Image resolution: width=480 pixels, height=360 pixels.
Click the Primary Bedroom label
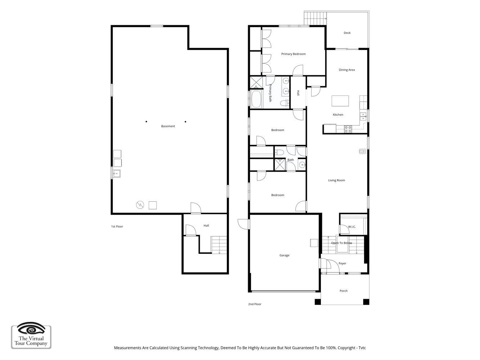point(293,54)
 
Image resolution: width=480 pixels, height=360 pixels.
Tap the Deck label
point(347,33)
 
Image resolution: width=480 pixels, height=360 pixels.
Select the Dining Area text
point(347,70)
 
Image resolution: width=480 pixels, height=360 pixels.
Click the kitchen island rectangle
point(340,101)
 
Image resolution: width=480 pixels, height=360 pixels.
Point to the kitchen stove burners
point(348,129)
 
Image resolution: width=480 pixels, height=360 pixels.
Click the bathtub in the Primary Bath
point(256,99)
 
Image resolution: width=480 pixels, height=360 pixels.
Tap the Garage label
point(284,255)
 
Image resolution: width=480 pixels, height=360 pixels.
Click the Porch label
point(344,291)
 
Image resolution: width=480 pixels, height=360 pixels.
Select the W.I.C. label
point(352,227)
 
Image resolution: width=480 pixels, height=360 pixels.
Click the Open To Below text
point(342,243)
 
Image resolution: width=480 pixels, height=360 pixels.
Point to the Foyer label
point(342,264)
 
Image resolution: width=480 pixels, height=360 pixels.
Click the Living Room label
point(336,180)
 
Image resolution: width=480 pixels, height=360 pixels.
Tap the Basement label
point(168,126)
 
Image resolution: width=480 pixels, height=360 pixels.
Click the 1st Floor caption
point(117,226)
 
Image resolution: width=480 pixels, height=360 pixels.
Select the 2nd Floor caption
point(255,304)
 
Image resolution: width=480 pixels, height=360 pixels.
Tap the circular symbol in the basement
point(140,205)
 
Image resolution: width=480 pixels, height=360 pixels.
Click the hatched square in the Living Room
point(362,151)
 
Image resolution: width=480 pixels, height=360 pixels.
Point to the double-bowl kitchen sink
point(363,117)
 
